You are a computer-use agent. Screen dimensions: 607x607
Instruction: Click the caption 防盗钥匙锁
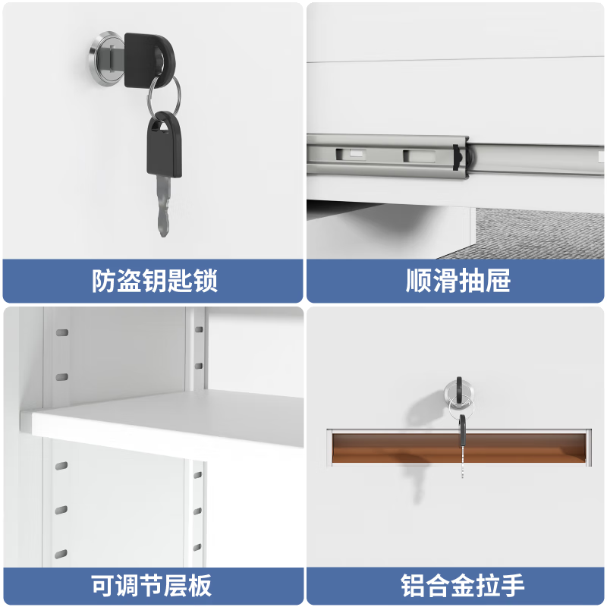pyautogui.click(x=155, y=280)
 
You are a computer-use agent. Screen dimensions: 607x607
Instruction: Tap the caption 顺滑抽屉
pyautogui.click(x=458, y=280)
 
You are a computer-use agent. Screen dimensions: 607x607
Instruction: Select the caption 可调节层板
pyautogui.click(x=151, y=586)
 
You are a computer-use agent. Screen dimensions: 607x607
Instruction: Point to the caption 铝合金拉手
pyautogui.click(x=462, y=586)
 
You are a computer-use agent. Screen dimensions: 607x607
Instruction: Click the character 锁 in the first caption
pyautogui.click(x=206, y=280)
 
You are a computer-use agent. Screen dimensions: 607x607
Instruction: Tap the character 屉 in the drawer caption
pyautogui.click(x=498, y=280)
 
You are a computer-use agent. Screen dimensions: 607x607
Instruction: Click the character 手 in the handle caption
pyautogui.click(x=512, y=586)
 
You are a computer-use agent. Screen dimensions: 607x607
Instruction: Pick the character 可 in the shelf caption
pyautogui.click(x=104, y=586)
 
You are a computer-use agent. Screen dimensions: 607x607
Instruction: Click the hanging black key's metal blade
pyautogui.click(x=164, y=205)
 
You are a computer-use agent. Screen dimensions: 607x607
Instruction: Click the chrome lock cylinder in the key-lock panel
pyautogui.click(x=106, y=59)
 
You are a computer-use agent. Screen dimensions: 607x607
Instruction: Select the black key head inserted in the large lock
pyautogui.click(x=149, y=61)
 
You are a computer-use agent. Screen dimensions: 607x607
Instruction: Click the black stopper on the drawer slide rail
pyautogui.click(x=458, y=158)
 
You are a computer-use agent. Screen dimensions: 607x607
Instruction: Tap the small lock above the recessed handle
pyautogui.click(x=459, y=392)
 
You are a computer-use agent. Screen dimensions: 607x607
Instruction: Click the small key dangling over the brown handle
pyautogui.click(x=462, y=445)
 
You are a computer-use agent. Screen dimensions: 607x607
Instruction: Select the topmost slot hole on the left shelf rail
pyautogui.click(x=62, y=332)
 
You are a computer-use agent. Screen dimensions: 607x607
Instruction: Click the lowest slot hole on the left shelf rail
pyautogui.click(x=61, y=555)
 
